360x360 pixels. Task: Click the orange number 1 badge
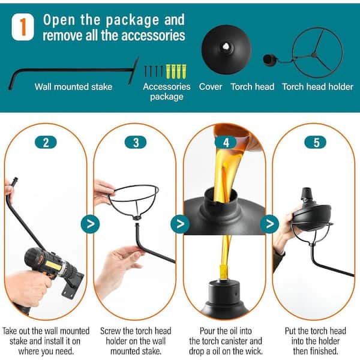click(23, 26)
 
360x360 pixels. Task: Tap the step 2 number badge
click(46, 142)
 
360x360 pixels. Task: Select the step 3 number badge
click(136, 142)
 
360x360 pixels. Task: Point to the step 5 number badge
click(315, 142)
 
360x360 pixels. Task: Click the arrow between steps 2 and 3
click(90, 224)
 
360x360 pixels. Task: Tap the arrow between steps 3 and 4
click(180, 224)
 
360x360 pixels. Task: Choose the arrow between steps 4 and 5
click(269, 224)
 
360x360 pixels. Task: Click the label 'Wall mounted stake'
click(73, 87)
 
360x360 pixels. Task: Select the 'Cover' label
click(211, 87)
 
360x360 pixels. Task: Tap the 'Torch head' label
click(253, 87)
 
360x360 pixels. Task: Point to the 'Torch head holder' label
click(318, 87)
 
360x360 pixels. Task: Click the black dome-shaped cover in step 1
click(226, 49)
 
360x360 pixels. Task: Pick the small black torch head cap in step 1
click(269, 60)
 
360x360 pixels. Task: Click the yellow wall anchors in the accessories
click(176, 71)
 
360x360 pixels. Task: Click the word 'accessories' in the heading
click(153, 35)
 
